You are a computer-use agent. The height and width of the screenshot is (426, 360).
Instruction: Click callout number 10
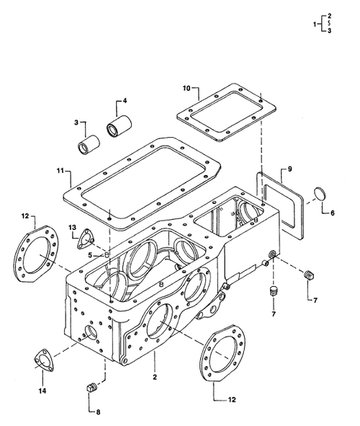(x=186, y=89)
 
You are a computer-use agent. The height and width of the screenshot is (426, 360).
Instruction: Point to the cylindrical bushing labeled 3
(x=87, y=143)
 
